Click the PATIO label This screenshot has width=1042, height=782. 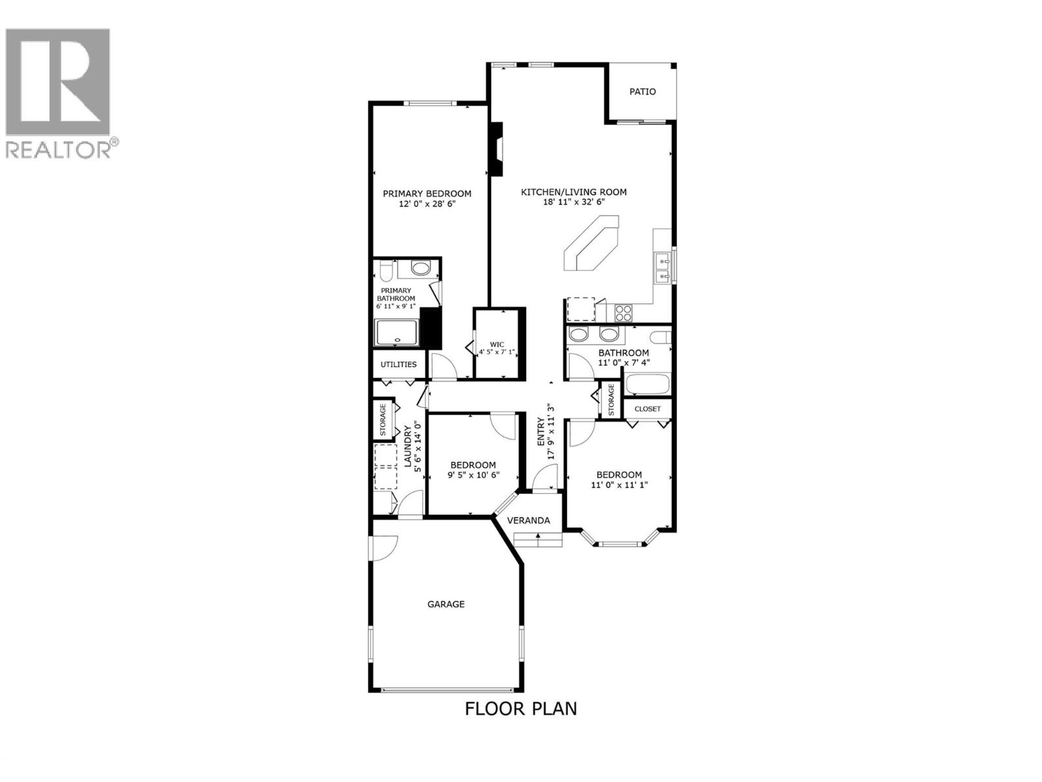click(642, 92)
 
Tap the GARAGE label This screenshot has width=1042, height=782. click(446, 604)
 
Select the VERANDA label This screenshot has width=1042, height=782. click(529, 520)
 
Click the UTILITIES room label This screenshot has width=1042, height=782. click(399, 364)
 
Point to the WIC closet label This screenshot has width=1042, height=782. click(497, 344)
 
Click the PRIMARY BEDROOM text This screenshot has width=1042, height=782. click(427, 194)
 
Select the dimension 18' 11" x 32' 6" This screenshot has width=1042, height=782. click(573, 202)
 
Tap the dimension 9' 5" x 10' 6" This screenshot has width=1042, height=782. click(473, 475)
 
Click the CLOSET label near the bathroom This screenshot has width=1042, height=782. click(647, 409)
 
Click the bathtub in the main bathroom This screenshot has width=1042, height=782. click(647, 384)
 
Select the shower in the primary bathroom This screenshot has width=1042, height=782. click(397, 332)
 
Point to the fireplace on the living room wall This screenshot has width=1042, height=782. click(497, 149)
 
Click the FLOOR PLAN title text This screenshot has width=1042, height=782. click(521, 708)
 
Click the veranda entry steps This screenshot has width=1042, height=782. click(538, 540)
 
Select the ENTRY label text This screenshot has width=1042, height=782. click(541, 432)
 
